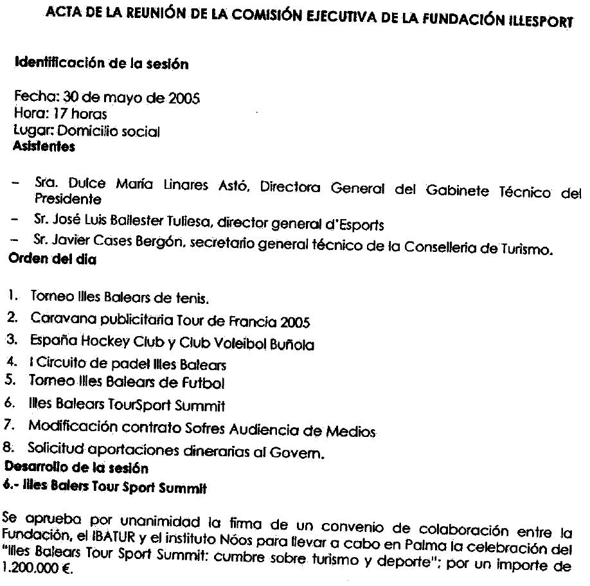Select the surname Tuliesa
[172, 225]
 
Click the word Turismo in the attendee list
[523, 249]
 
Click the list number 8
[9, 445]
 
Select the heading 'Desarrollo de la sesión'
[76, 466]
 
